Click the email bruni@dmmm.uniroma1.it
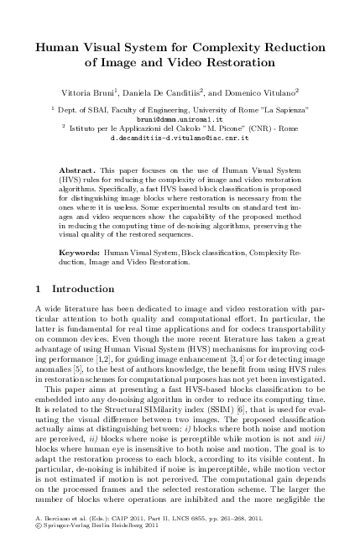pos(180,119)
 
